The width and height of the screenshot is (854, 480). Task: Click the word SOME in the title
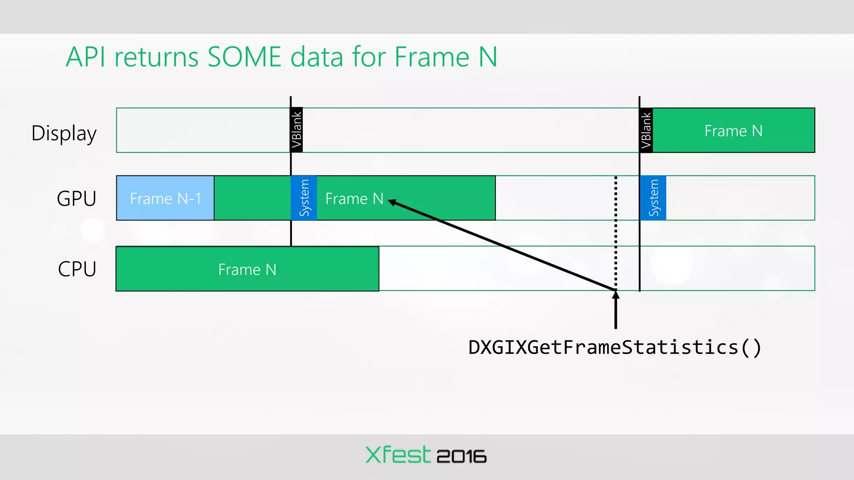pyautogui.click(x=244, y=57)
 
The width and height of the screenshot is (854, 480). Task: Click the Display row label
pyautogui.click(x=64, y=133)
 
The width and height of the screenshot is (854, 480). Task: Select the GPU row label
pyautogui.click(x=76, y=198)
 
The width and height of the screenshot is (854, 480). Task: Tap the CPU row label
pyautogui.click(x=77, y=269)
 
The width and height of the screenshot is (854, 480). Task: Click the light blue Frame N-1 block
pyautogui.click(x=165, y=198)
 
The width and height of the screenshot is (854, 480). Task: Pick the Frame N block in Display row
pyautogui.click(x=733, y=131)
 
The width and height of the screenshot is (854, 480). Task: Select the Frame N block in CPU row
pyautogui.click(x=247, y=269)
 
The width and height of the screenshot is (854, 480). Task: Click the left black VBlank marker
pyautogui.click(x=296, y=130)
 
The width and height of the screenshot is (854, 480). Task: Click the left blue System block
pyautogui.click(x=304, y=198)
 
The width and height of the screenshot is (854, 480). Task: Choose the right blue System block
pyautogui.click(x=653, y=198)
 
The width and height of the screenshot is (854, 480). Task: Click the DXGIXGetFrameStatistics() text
pyautogui.click(x=615, y=347)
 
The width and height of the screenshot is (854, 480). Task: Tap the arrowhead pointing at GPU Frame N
pyautogui.click(x=392, y=202)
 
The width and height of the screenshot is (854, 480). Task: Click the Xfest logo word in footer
pyautogui.click(x=397, y=455)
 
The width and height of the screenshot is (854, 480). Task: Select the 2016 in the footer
pyautogui.click(x=461, y=456)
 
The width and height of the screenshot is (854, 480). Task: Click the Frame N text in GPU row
pyautogui.click(x=354, y=198)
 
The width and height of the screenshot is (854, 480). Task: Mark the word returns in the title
pyautogui.click(x=156, y=58)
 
